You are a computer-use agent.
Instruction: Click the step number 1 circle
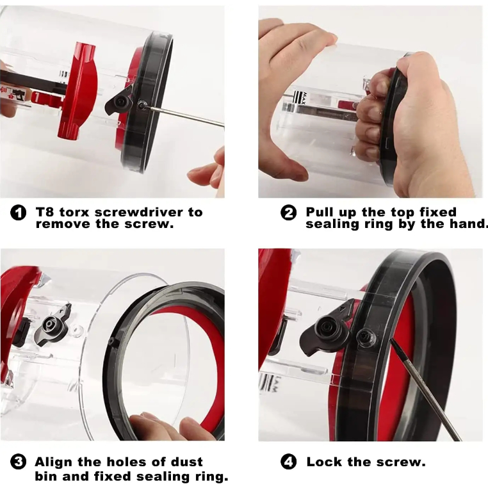pos(18,213)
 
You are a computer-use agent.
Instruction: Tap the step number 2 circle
pos(288,213)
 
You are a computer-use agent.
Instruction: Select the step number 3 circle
pos(18,462)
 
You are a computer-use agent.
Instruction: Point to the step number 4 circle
pos(288,462)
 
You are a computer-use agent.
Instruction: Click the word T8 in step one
pos(45,212)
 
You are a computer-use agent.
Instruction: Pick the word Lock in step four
pos(324,462)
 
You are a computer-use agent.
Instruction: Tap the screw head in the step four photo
pos(366,338)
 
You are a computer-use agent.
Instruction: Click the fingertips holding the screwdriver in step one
pos(207,172)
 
